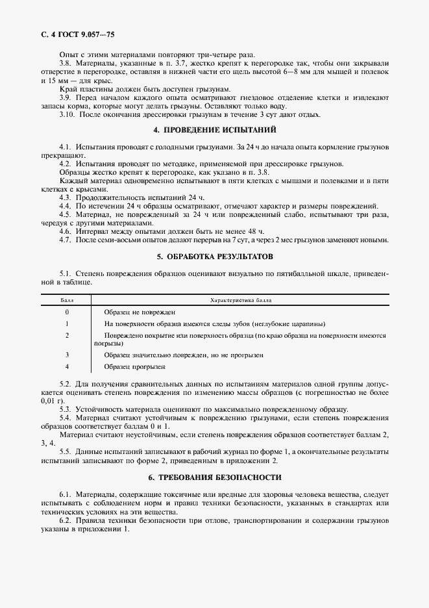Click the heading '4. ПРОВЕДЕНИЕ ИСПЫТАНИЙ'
coord(214,130)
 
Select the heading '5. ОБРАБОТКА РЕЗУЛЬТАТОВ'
coord(214,257)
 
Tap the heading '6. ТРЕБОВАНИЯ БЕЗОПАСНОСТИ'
coord(214,477)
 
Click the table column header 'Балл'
coord(67,301)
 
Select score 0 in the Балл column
coord(67,312)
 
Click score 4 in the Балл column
coord(67,366)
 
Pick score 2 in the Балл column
coord(67,335)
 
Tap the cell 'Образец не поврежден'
coord(140,312)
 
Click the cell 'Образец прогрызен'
coord(134,366)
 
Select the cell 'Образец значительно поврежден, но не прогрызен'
coord(183,355)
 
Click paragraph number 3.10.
coord(67,114)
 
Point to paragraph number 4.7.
coord(65,240)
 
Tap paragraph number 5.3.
coord(65,409)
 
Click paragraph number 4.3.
coord(65,196)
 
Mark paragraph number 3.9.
coord(65,97)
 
